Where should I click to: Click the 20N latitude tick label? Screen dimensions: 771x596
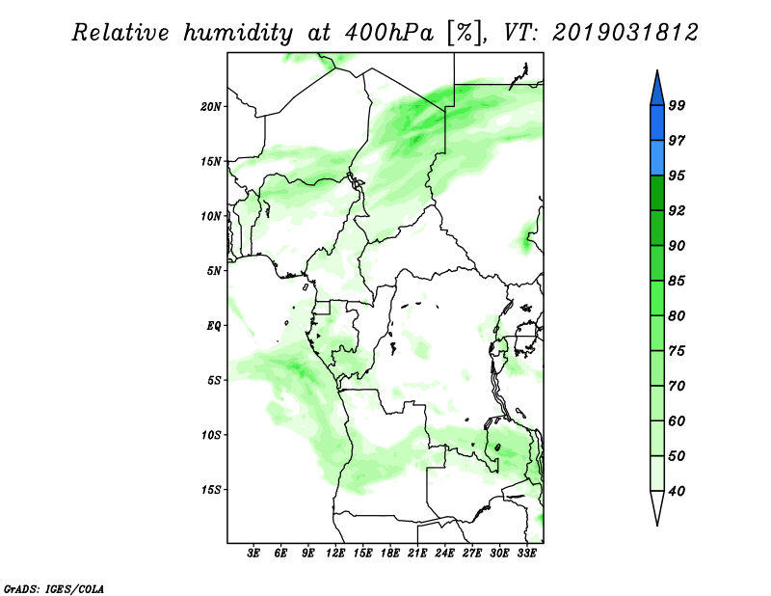(x=211, y=107)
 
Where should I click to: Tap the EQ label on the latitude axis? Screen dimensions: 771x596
(x=214, y=326)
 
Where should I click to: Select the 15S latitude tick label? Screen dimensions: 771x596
(x=211, y=490)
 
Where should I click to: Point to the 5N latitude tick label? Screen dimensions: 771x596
(x=214, y=271)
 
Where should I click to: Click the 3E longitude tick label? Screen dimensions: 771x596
(x=253, y=554)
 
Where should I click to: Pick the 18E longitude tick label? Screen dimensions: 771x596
(x=390, y=554)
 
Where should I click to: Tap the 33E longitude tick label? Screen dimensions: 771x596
(x=526, y=554)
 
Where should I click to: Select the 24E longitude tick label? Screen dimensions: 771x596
(x=444, y=554)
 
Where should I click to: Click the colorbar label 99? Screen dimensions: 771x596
(x=678, y=105)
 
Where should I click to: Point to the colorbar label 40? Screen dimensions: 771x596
(x=678, y=491)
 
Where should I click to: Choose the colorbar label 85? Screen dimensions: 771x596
(x=678, y=281)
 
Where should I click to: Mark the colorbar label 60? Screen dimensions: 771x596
(x=678, y=420)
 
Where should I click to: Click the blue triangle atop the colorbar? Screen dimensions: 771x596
(x=657, y=91)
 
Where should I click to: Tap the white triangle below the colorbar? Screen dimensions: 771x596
(x=657, y=504)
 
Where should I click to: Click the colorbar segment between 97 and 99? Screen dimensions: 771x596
(x=657, y=123)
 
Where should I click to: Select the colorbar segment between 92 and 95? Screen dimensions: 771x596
(x=657, y=193)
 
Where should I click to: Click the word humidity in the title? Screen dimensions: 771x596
(x=238, y=34)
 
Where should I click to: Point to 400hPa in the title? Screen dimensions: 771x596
(x=389, y=33)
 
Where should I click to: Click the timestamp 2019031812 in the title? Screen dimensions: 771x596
(x=625, y=33)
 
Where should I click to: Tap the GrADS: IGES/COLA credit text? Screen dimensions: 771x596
(x=54, y=589)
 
